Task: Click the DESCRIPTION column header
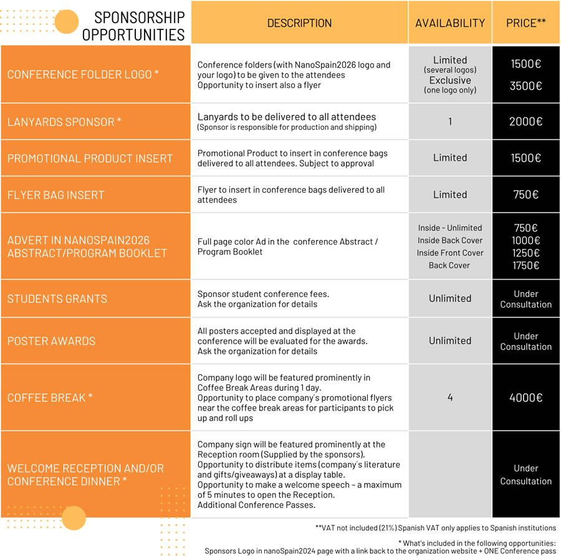(299, 23)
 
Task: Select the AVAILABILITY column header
(450, 23)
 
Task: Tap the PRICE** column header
(526, 23)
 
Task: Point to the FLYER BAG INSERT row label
(56, 195)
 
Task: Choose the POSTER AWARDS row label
(52, 341)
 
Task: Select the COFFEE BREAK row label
(50, 397)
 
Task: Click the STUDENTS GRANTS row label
(57, 298)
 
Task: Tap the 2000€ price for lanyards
(526, 122)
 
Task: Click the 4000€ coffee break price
(526, 397)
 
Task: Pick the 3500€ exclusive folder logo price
(526, 87)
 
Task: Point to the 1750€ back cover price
(526, 265)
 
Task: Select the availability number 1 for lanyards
(450, 122)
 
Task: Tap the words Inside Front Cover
(450, 253)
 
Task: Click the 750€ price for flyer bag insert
(526, 195)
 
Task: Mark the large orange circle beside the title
(67, 22)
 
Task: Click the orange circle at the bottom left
(74, 518)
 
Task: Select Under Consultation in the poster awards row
(526, 341)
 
